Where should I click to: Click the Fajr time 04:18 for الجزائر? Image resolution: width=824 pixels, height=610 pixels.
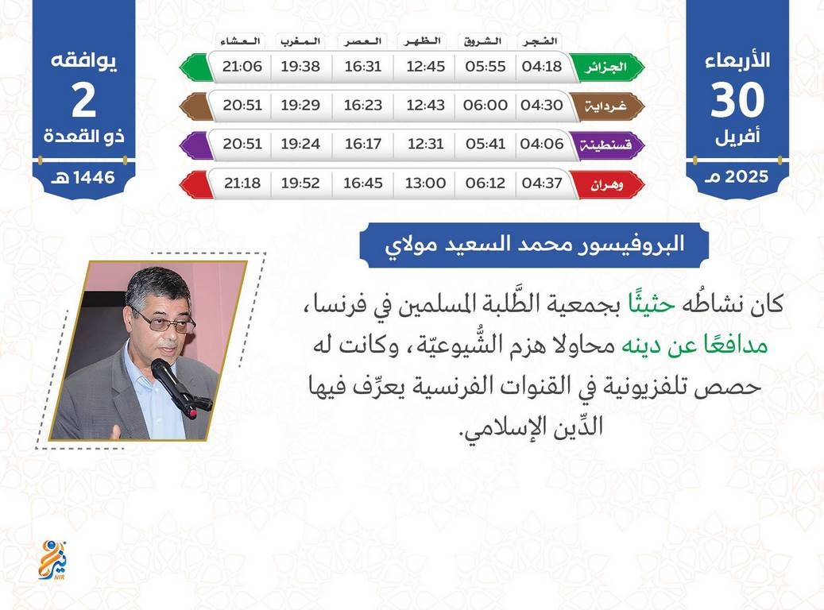(x=541, y=66)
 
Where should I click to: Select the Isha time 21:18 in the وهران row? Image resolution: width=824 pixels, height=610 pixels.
(x=242, y=183)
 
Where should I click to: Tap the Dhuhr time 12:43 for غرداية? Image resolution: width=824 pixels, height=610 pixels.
(x=425, y=105)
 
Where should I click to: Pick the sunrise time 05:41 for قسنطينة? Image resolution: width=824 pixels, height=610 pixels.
(x=485, y=144)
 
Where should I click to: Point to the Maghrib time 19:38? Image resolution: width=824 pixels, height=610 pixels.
(x=300, y=66)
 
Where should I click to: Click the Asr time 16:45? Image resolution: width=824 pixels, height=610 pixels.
(x=362, y=183)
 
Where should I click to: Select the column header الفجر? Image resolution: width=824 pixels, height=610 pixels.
(x=540, y=41)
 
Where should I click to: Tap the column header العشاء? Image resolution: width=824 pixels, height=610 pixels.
(x=241, y=41)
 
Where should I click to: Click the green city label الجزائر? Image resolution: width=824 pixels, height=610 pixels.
(x=606, y=68)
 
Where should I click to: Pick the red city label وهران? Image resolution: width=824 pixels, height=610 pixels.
(x=606, y=185)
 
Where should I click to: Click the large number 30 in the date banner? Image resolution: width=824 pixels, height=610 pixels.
(x=737, y=100)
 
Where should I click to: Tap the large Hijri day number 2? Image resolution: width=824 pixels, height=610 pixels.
(x=84, y=100)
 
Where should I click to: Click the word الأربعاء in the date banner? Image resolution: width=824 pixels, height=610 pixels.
(x=737, y=60)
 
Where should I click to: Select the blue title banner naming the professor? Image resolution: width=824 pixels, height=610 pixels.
(x=534, y=245)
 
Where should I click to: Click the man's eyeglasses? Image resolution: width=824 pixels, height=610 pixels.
(x=165, y=322)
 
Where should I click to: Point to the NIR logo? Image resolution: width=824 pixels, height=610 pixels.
(x=53, y=560)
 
